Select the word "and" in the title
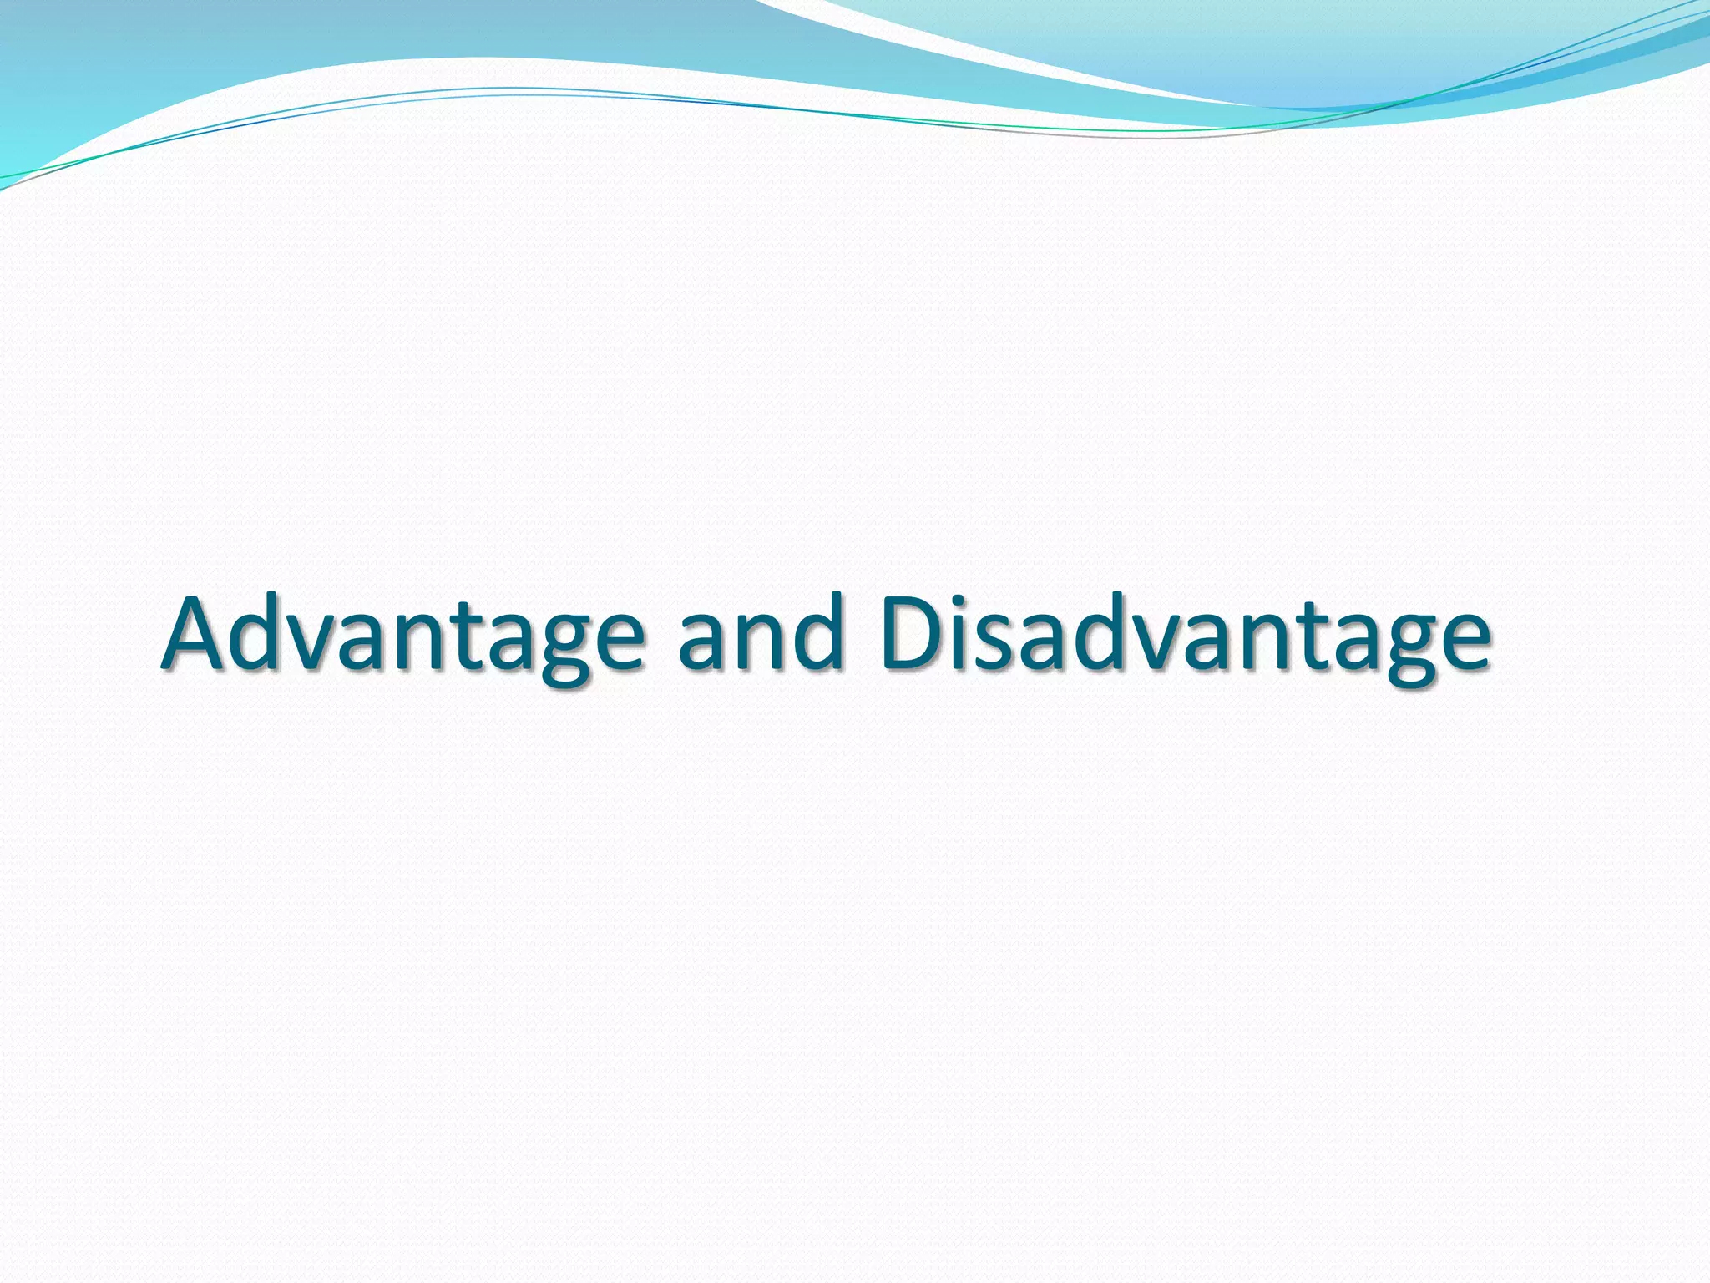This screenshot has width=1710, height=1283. tap(761, 635)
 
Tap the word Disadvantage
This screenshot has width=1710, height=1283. tap(1185, 635)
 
